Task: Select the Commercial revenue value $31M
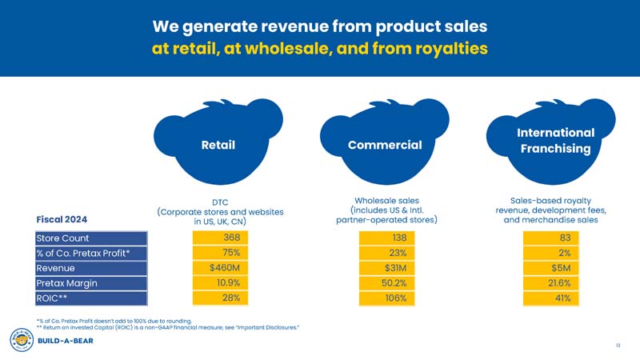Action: point(386,267)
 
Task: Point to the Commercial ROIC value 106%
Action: point(386,298)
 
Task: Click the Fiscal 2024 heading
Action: point(62,219)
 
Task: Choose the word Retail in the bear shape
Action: point(218,146)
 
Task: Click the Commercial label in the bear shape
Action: point(385,145)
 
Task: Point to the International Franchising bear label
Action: point(555,141)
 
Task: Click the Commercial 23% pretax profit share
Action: point(386,253)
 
